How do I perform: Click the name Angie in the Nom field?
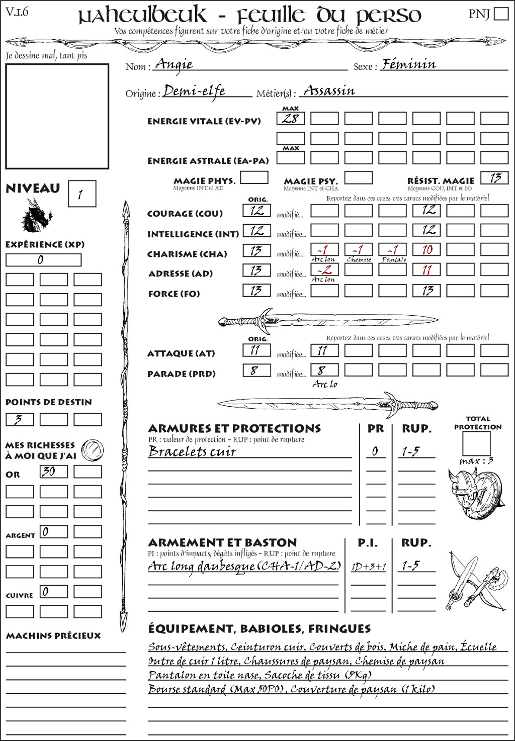[x=174, y=64]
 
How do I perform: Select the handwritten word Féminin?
[x=408, y=64]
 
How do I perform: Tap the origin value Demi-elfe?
[x=194, y=91]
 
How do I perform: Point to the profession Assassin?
[x=329, y=90]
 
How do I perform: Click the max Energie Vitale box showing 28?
[x=291, y=119]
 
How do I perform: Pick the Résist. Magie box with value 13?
[x=494, y=178]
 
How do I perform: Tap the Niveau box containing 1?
[x=81, y=194]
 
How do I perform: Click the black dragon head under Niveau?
[x=36, y=216]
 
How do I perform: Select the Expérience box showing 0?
[x=43, y=260]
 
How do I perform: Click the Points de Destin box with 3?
[x=20, y=420]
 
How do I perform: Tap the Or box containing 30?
[x=54, y=472]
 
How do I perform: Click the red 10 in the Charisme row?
[x=427, y=250]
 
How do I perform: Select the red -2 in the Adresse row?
[x=324, y=270]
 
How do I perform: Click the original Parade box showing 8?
[x=256, y=370]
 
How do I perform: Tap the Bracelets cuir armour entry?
[x=192, y=451]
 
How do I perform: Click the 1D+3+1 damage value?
[x=369, y=567]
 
